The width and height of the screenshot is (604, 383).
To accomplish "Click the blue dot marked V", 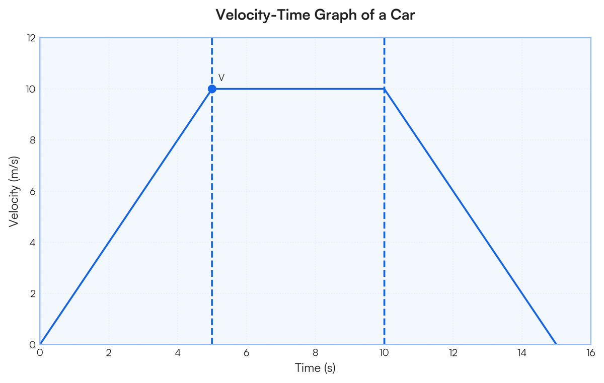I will [212, 89].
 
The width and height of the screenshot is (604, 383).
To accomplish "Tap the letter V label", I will [221, 78].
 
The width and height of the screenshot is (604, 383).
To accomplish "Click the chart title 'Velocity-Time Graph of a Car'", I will [315, 15].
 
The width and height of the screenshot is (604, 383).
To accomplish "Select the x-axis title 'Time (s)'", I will [315, 368].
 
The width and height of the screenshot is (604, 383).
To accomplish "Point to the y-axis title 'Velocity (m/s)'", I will [15, 191].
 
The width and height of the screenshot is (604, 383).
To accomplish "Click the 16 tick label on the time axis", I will [591, 353].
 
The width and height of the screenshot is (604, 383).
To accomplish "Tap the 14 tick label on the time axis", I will [522, 353].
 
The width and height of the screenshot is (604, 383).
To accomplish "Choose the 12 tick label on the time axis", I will [453, 353].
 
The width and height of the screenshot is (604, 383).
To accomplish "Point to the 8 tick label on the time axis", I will [315, 353].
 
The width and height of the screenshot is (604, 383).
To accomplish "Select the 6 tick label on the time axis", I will [247, 353].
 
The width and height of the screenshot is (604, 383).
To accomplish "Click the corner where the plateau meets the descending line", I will [385, 89].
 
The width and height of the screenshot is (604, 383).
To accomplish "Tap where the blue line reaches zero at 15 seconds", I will [556, 344].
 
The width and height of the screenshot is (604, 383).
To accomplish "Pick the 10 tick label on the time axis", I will [384, 353].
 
